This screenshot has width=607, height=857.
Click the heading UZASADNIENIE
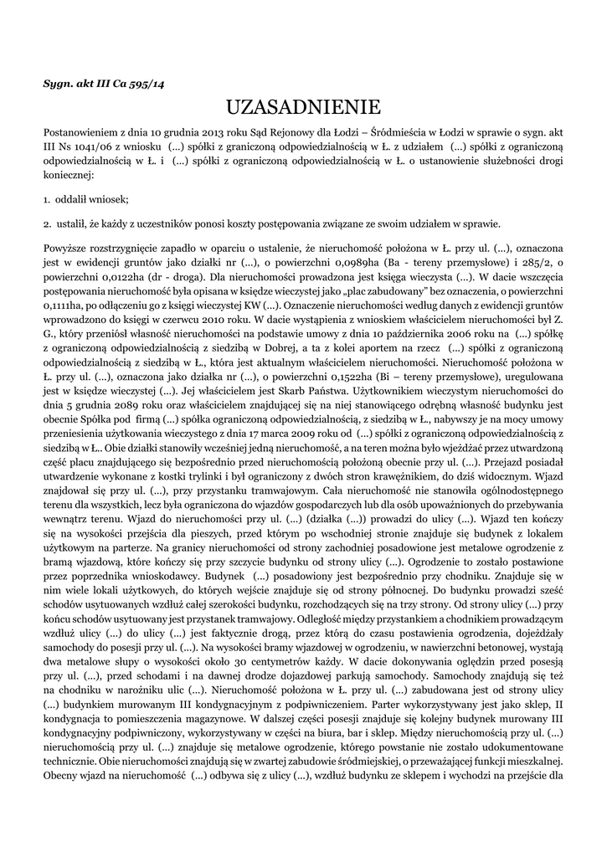pyautogui.click(x=303, y=107)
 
